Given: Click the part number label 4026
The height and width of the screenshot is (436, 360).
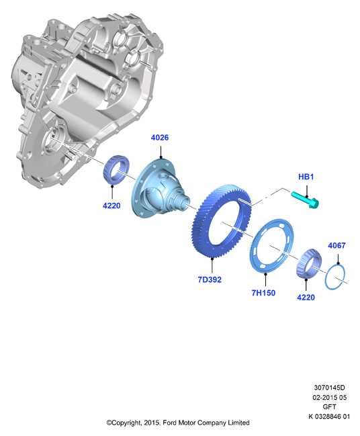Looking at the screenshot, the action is coord(160,137).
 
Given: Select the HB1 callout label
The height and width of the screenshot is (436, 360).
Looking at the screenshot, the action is coord(306,177).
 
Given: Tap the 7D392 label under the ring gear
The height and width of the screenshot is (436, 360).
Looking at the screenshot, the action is coord(210,279).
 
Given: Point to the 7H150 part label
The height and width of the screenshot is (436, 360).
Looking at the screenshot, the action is coord(263,293).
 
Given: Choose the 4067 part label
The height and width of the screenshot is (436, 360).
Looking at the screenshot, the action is coord(336,245).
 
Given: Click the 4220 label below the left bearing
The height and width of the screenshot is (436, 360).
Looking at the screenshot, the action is coord(111,206).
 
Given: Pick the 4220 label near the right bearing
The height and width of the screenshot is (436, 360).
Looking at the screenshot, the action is coord(306,298).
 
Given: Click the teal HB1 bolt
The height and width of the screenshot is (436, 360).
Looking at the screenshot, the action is coord(305,200).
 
